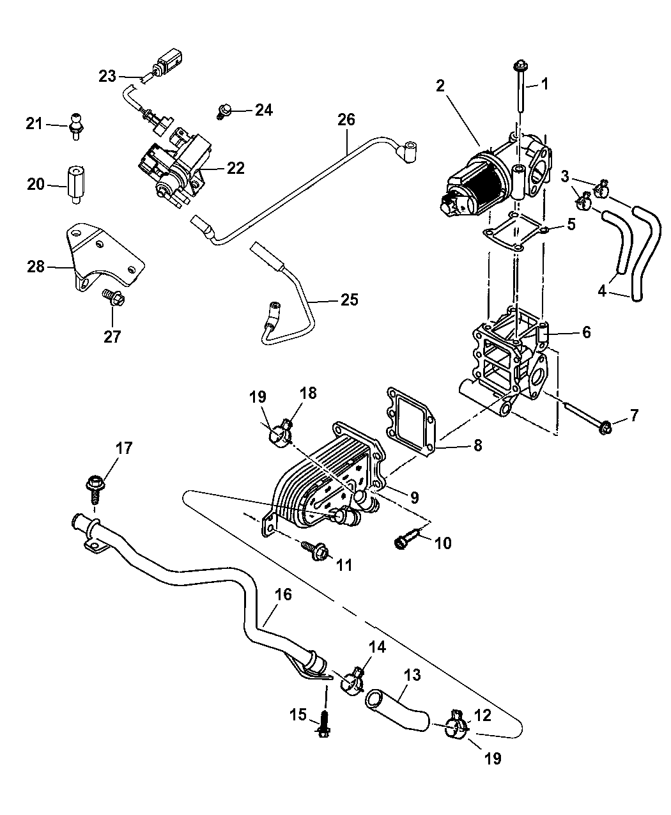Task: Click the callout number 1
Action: click(x=544, y=84)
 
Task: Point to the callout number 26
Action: click(x=346, y=120)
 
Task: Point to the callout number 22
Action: click(x=236, y=167)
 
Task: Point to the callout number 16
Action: click(x=283, y=594)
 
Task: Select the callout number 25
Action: click(x=349, y=300)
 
